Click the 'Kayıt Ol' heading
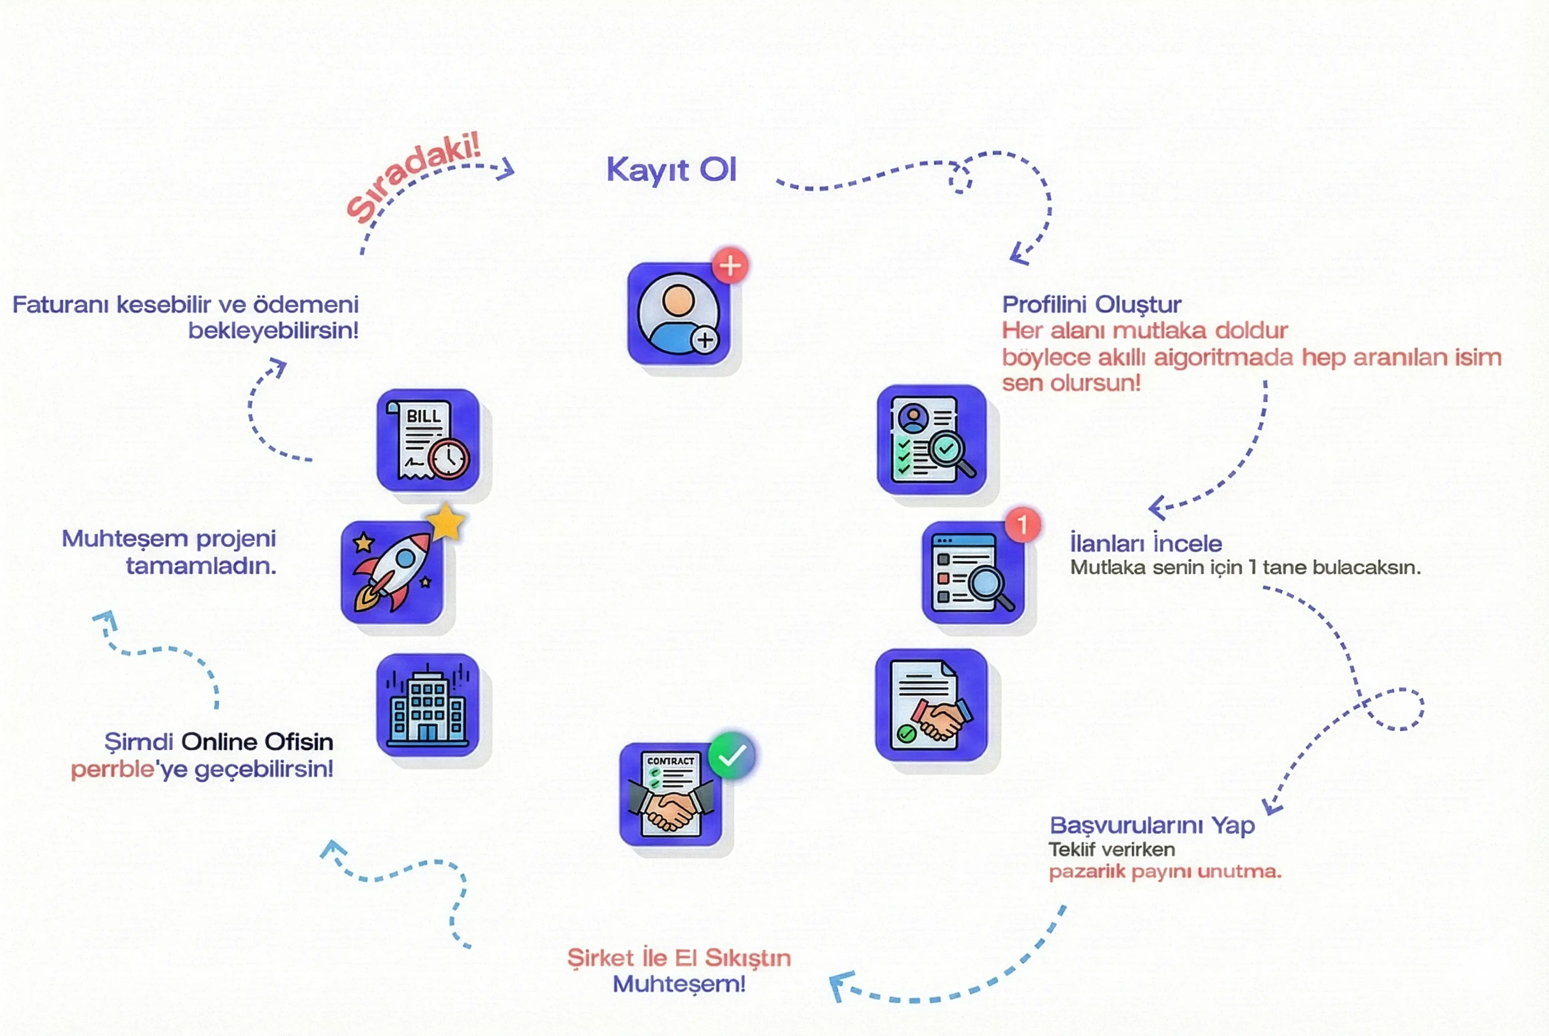pos(670,170)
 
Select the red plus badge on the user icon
pos(730,266)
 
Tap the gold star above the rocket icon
pos(446,522)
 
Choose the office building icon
pos(427,705)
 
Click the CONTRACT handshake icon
pos(670,794)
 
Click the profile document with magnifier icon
pos(931,439)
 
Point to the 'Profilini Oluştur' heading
pos(1091,305)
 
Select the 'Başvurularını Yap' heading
pos(1152,825)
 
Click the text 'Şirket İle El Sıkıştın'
pos(679,958)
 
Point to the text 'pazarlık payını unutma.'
pos(1165,872)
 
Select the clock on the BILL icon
pos(449,458)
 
